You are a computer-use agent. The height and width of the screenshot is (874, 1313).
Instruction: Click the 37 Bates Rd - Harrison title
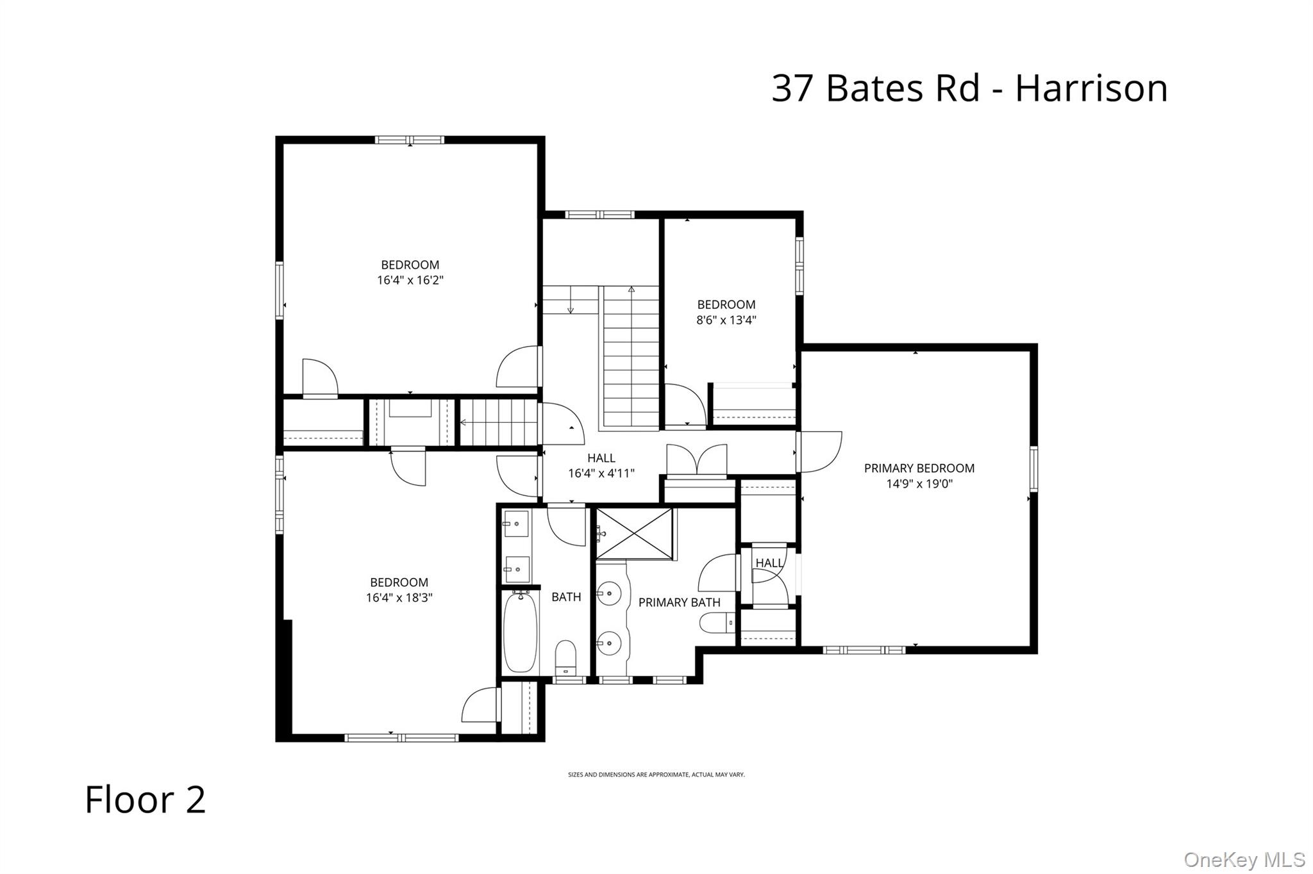(969, 88)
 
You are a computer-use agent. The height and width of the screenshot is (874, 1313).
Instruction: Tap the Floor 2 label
(146, 800)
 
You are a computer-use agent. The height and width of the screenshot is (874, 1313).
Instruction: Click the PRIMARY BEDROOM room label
(919, 468)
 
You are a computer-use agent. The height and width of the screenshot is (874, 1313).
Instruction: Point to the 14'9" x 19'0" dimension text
(919, 484)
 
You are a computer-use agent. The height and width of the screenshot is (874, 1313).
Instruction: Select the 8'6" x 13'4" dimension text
(726, 320)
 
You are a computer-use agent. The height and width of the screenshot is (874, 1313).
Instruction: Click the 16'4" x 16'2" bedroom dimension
(410, 280)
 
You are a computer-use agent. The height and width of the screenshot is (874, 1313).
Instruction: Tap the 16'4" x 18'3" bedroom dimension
(399, 598)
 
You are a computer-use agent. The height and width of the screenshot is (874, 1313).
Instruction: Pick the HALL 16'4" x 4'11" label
(601, 466)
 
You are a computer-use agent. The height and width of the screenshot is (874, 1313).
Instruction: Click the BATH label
(566, 597)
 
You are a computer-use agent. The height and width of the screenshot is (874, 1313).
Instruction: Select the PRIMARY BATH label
(679, 602)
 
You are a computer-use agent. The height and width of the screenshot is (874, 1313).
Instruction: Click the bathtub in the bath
(520, 632)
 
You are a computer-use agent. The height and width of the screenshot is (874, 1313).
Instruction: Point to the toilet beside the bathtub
(565, 657)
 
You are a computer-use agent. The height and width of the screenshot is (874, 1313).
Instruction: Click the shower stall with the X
(635, 533)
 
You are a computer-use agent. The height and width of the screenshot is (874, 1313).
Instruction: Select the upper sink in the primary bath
(610, 594)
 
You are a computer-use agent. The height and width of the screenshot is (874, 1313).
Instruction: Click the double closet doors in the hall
(697, 460)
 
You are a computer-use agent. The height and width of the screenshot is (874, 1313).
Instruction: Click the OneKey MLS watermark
(1244, 859)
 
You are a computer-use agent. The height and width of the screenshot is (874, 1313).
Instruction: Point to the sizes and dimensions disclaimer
(656, 775)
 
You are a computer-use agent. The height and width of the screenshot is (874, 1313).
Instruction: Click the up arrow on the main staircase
(631, 290)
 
